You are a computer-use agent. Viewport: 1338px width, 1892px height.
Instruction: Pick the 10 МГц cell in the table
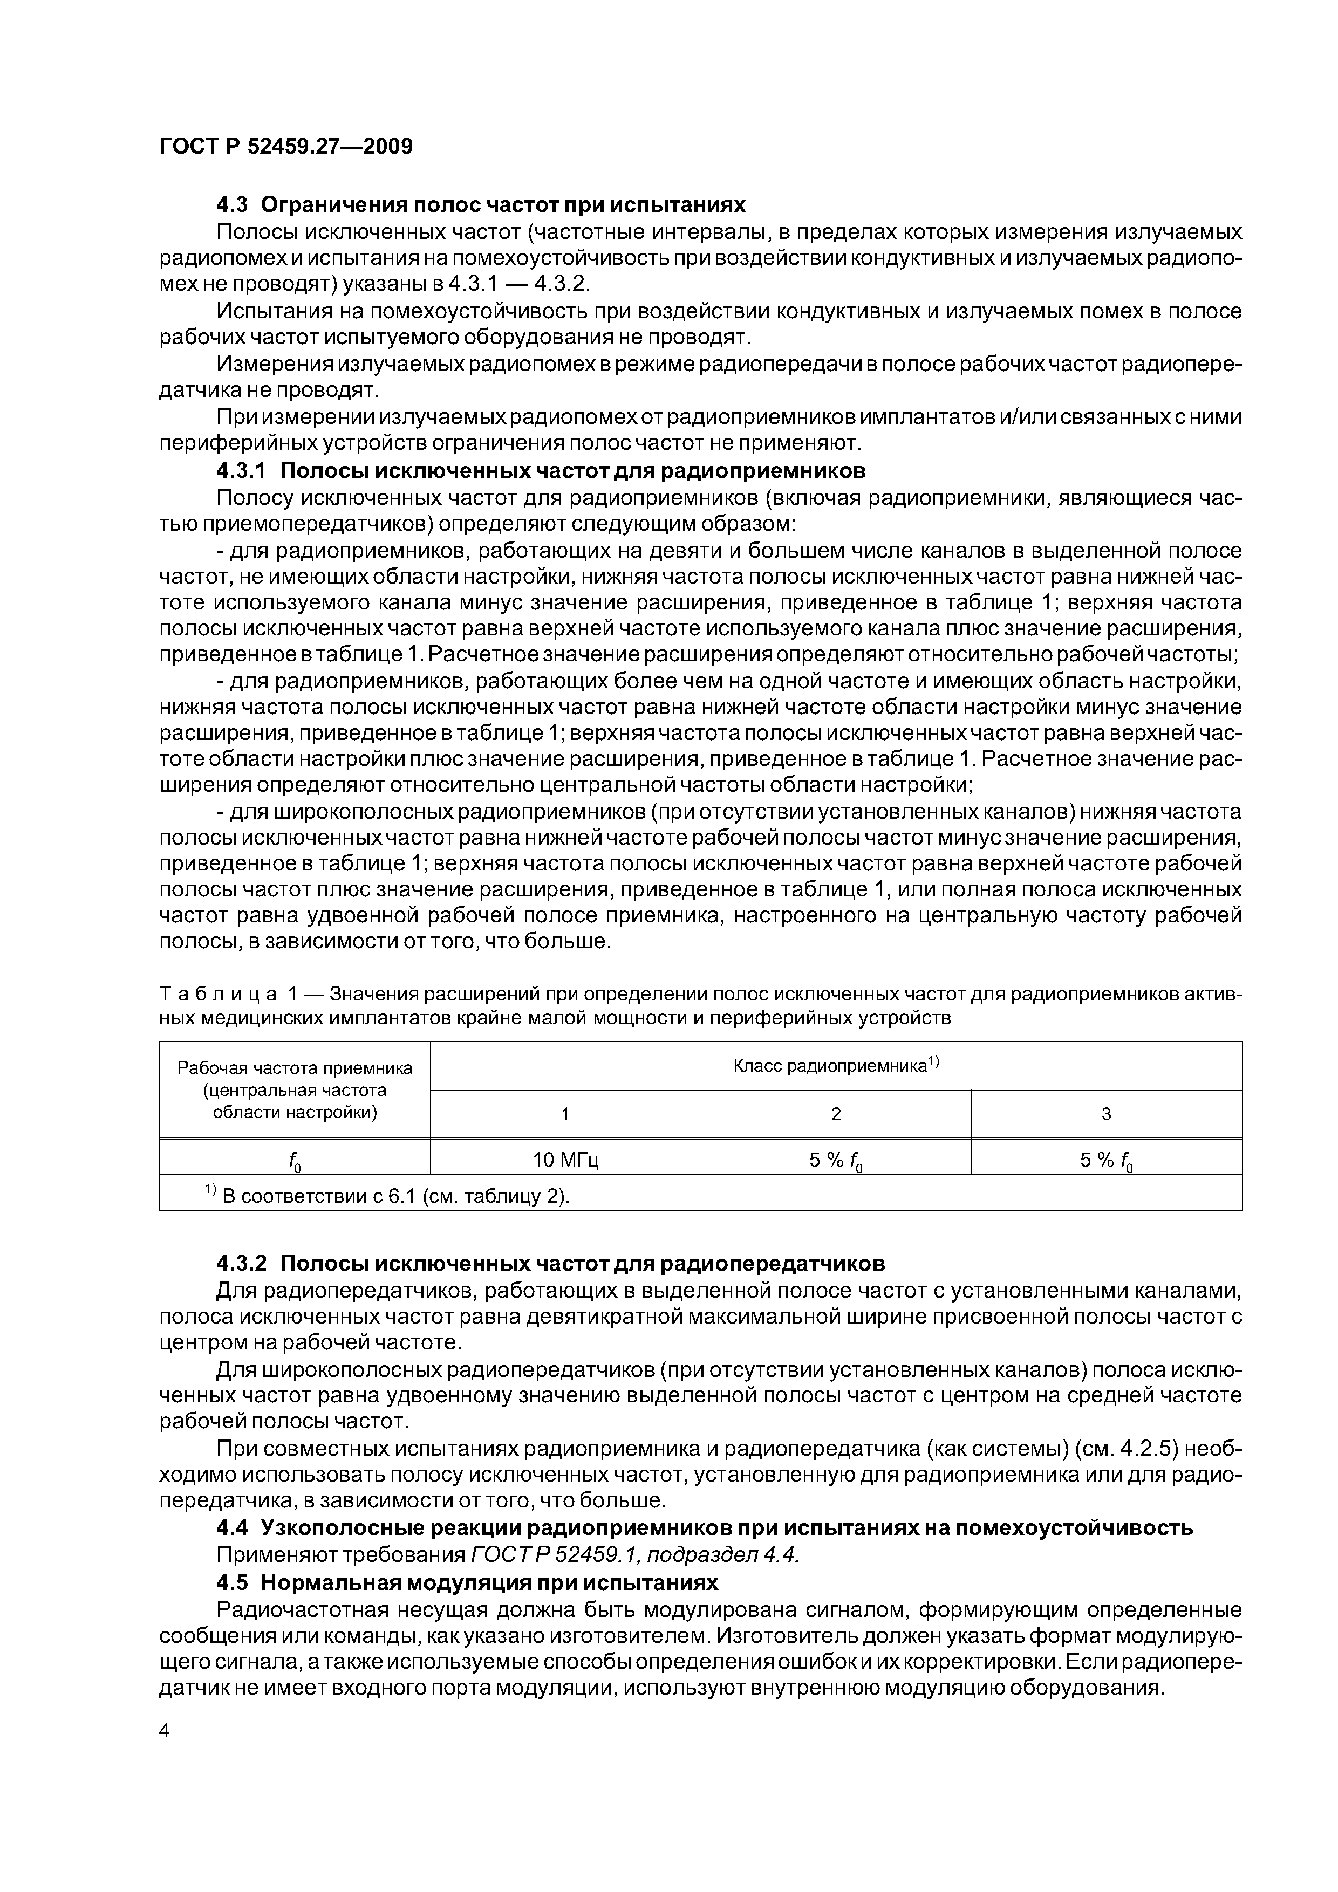[565, 1160]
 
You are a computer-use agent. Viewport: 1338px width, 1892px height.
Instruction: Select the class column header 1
[565, 1114]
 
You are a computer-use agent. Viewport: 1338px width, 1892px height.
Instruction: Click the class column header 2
[835, 1114]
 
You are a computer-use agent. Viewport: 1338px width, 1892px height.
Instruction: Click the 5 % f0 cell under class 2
[835, 1160]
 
